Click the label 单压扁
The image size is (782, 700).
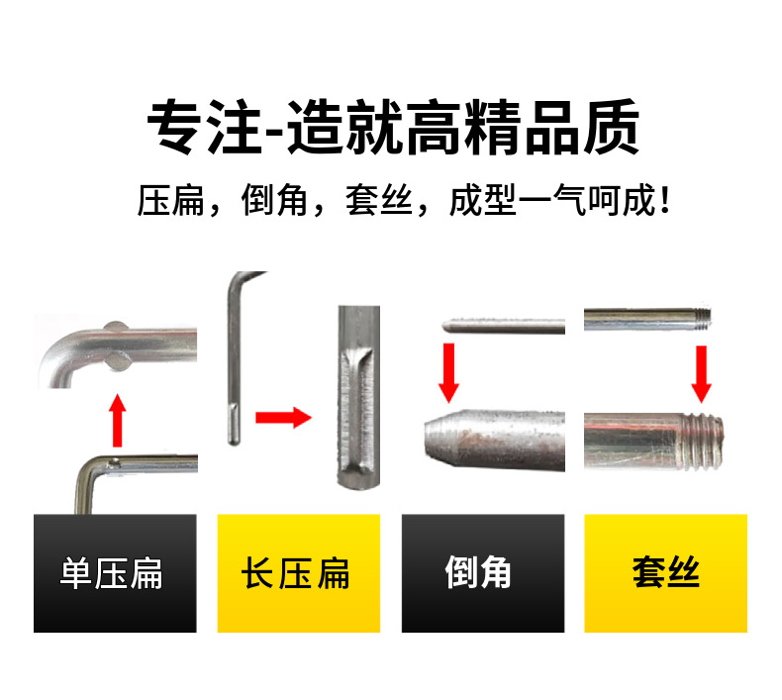click(x=111, y=573)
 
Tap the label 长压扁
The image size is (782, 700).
click(x=295, y=573)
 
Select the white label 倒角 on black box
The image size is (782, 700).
click(x=478, y=572)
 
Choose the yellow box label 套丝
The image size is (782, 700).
click(x=666, y=572)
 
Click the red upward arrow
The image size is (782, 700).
click(x=118, y=420)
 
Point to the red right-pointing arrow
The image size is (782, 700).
click(x=283, y=418)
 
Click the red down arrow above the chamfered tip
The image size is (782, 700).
click(x=448, y=372)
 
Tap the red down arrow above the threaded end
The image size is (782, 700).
click(x=701, y=373)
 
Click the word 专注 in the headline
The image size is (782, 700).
click(x=205, y=127)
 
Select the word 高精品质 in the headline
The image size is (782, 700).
click(x=524, y=127)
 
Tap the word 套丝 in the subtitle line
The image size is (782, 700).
click(x=379, y=201)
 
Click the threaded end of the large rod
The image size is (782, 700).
click(x=703, y=442)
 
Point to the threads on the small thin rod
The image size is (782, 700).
click(x=703, y=320)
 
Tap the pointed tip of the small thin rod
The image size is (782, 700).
click(x=447, y=326)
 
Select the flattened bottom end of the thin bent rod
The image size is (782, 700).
click(x=234, y=423)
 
